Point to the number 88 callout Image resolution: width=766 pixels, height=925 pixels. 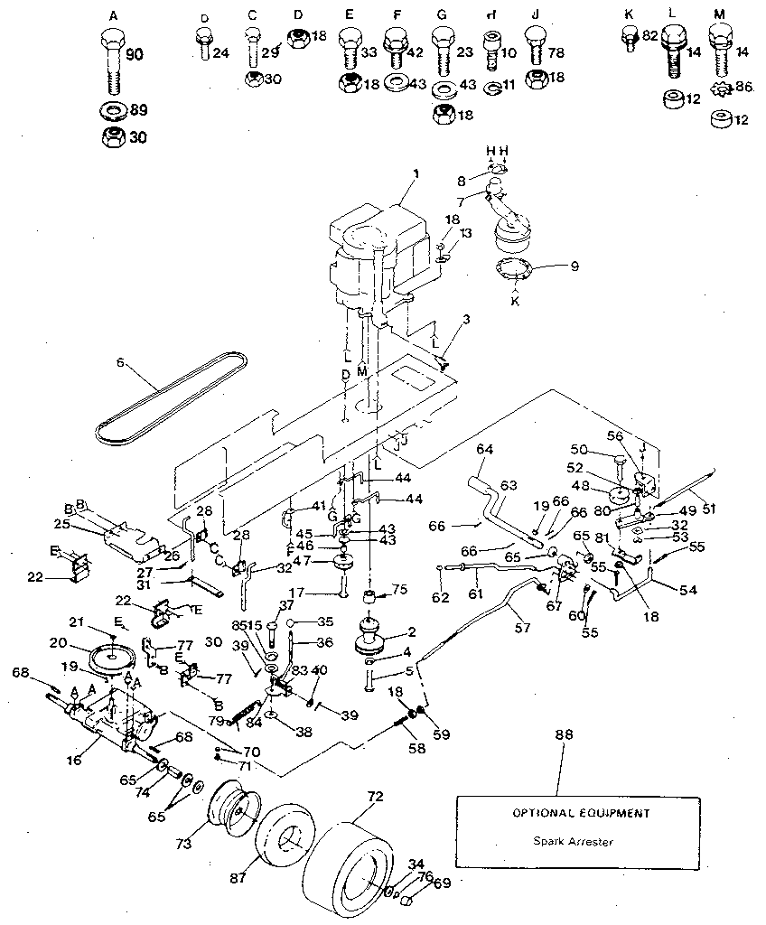click(x=562, y=735)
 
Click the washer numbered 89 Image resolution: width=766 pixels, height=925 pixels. click(x=113, y=112)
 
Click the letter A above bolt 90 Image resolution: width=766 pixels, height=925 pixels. click(x=112, y=16)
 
